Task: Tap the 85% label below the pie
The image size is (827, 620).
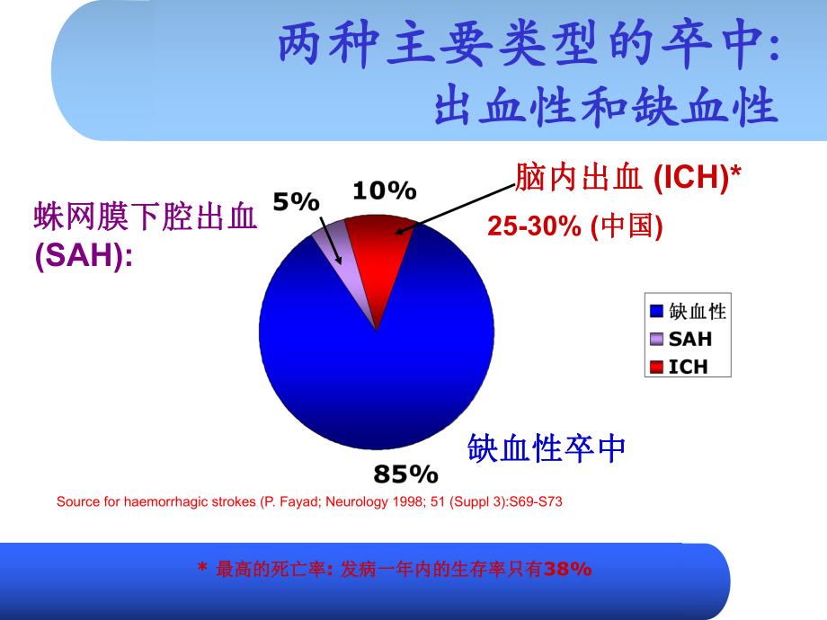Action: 405,474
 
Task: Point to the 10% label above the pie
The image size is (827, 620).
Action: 384,190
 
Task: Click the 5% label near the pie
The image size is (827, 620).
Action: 296,203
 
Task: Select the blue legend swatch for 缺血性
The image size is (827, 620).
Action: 656,312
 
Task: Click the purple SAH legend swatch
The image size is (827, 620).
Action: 656,339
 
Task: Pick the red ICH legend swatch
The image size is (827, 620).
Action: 656,366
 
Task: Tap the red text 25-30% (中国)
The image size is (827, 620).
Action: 575,227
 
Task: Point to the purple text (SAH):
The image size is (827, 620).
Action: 84,256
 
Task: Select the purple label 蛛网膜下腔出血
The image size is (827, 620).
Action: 145,217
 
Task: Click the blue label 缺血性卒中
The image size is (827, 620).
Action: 547,447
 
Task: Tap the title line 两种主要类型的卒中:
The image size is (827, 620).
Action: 527,48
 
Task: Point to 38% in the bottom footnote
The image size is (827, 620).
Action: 568,569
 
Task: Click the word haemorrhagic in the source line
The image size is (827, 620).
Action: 167,501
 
